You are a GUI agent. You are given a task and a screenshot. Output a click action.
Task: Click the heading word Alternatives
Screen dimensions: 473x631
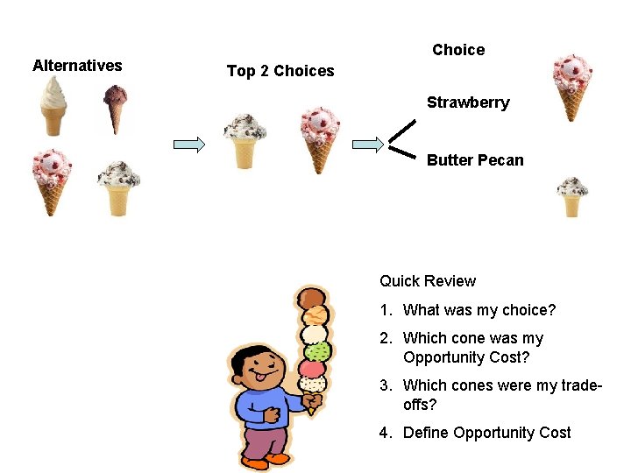77,65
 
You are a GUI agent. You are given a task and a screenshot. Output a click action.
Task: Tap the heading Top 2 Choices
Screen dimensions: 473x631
280,71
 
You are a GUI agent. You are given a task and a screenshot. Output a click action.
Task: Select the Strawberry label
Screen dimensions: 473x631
468,102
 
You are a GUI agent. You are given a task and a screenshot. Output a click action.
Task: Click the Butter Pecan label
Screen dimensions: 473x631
475,160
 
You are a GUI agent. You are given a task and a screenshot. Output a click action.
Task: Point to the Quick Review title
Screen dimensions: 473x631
428,281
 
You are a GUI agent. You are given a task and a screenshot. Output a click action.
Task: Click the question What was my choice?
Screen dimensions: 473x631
479,310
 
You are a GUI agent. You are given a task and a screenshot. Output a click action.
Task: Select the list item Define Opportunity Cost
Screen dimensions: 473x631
486,433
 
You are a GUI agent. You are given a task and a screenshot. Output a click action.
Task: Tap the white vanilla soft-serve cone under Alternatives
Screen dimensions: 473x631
53,105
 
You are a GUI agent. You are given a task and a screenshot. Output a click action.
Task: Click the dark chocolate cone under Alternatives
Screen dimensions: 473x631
115,108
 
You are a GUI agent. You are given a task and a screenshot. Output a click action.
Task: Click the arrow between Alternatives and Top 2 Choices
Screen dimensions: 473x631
188,144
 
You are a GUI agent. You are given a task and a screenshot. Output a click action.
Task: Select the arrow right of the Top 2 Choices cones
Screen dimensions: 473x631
367,144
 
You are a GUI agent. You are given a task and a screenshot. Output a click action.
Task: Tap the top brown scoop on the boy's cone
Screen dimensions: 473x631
311,298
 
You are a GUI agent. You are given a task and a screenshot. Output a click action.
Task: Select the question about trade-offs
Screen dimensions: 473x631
501,395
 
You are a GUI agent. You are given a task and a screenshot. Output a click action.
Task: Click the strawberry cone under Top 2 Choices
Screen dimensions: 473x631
320,138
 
